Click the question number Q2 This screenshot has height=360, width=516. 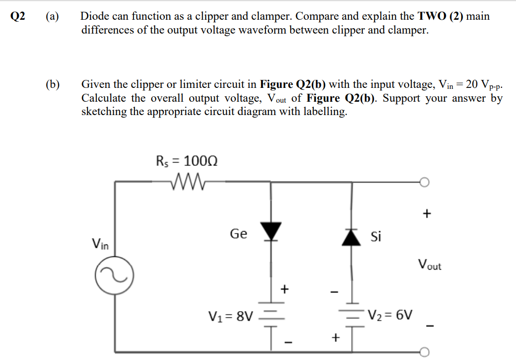[x=18, y=16]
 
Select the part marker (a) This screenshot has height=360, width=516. [x=52, y=16]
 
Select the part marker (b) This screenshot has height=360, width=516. [x=52, y=84]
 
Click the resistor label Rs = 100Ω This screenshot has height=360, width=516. [x=187, y=160]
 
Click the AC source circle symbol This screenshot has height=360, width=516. [x=114, y=278]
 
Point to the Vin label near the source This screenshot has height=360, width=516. [x=101, y=243]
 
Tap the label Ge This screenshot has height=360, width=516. [x=238, y=234]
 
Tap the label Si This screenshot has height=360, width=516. [x=376, y=237]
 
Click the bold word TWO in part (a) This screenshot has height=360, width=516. [x=432, y=16]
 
